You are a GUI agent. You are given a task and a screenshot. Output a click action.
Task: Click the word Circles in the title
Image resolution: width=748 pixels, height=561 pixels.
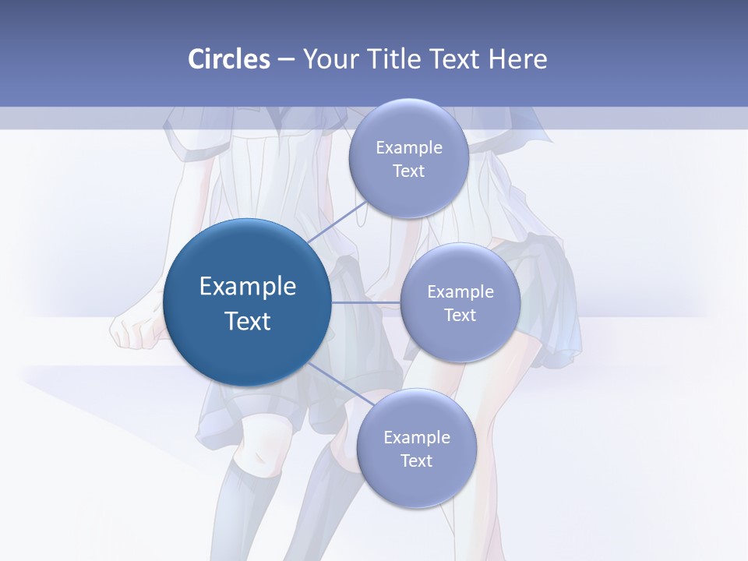pos(228,59)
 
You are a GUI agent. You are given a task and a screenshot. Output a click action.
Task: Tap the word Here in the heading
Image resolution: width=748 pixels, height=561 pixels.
pos(517,59)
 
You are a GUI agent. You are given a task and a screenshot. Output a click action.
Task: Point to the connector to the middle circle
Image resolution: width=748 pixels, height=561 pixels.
pos(365,302)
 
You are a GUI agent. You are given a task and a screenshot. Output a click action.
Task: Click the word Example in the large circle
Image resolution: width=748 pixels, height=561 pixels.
pos(248,287)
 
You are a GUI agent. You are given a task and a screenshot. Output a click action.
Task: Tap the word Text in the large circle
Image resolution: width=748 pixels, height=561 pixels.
pos(248,321)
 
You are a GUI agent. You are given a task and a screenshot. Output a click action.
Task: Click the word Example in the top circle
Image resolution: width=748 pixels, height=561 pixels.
pos(408,148)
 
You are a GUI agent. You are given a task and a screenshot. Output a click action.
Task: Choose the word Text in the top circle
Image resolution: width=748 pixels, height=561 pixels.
pos(408,171)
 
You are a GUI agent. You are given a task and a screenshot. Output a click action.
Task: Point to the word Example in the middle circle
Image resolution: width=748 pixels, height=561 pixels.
pos(460,292)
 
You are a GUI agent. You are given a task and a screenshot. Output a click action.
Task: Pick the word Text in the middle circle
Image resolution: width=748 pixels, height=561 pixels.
pos(460,316)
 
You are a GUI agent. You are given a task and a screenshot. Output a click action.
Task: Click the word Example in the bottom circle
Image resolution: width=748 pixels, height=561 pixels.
pos(416,438)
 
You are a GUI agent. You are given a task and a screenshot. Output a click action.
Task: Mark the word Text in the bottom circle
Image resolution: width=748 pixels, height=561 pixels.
pos(416,461)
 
